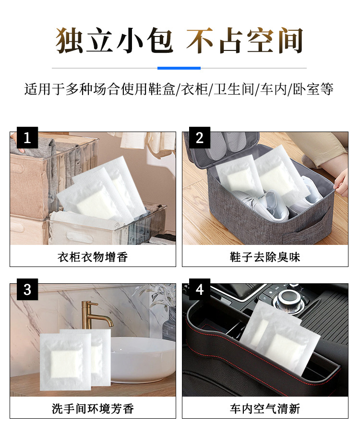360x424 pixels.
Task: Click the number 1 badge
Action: [x=27, y=137]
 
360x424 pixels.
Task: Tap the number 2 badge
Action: [x=200, y=137]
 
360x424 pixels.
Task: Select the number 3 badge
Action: [x=27, y=289]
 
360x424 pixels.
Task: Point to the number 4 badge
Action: [x=200, y=289]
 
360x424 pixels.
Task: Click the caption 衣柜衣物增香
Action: [x=93, y=257]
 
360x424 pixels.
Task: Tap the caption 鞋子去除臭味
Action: [x=265, y=257]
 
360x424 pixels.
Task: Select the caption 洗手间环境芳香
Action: [x=93, y=409]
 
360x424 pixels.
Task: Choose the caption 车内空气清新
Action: [x=265, y=409]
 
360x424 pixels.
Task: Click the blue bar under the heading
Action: [x=179, y=68]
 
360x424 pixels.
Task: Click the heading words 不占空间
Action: [x=245, y=40]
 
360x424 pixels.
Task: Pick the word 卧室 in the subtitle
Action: [x=306, y=89]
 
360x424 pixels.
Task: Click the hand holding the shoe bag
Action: [x=341, y=182]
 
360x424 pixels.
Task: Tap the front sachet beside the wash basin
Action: [x=66, y=362]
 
